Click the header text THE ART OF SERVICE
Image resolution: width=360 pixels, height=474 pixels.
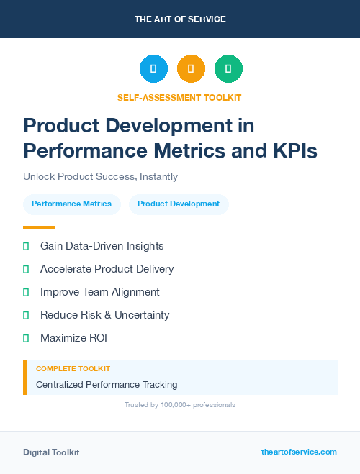[180, 19]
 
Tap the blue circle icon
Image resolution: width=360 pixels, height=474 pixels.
[153, 69]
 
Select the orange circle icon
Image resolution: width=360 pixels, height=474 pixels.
[191, 69]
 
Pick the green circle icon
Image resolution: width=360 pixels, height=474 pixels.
[228, 69]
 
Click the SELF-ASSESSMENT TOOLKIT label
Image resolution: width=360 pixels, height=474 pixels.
[180, 97]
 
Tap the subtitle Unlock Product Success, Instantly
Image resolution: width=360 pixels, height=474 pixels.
[100, 176]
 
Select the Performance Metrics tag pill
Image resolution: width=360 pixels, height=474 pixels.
[71, 204]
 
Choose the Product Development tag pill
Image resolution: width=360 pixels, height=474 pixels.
[179, 204]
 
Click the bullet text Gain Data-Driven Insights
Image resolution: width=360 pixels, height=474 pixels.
[102, 246]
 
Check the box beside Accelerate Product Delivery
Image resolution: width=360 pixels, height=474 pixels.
[26, 269]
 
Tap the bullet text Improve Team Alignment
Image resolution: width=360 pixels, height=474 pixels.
[100, 292]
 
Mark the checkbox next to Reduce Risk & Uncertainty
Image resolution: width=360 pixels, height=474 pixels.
[26, 315]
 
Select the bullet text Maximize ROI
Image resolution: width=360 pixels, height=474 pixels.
[73, 338]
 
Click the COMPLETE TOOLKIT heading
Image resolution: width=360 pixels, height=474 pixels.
[73, 368]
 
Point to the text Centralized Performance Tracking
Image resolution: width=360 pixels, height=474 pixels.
[107, 385]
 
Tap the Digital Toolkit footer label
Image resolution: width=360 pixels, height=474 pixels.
[51, 452]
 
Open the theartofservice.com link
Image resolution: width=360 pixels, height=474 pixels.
[299, 452]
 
